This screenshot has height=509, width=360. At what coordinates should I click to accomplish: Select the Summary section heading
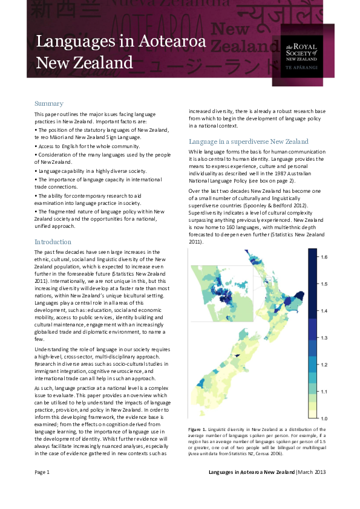(x=49, y=103)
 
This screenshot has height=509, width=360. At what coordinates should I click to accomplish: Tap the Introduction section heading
(x=53, y=242)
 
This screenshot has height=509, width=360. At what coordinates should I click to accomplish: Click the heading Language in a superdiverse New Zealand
(x=249, y=141)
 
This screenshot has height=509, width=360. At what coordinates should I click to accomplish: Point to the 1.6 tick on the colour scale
(x=324, y=257)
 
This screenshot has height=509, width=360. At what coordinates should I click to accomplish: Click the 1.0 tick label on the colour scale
(x=324, y=418)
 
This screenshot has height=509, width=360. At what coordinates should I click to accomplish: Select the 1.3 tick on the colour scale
(x=324, y=337)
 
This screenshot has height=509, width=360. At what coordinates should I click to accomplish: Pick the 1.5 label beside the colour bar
(x=324, y=284)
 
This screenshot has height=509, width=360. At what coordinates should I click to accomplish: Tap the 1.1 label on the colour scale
(x=324, y=392)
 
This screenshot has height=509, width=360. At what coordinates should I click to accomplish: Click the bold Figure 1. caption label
(x=201, y=429)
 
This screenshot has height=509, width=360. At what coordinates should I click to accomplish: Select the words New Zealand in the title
(x=85, y=62)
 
